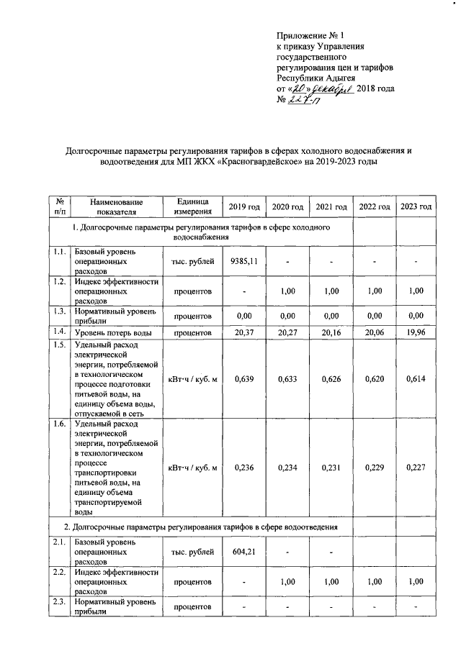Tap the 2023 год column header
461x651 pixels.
pyautogui.click(x=416, y=207)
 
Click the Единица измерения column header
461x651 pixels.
pyautogui.click(x=192, y=206)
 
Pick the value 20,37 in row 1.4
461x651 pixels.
pyautogui.click(x=243, y=333)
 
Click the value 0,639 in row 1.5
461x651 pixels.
pyautogui.click(x=243, y=379)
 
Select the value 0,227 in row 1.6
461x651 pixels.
pyautogui.click(x=416, y=468)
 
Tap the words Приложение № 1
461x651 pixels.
pyautogui.click(x=312, y=35)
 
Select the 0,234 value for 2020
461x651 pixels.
pyautogui.click(x=287, y=468)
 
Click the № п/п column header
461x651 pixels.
pyautogui.click(x=61, y=206)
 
